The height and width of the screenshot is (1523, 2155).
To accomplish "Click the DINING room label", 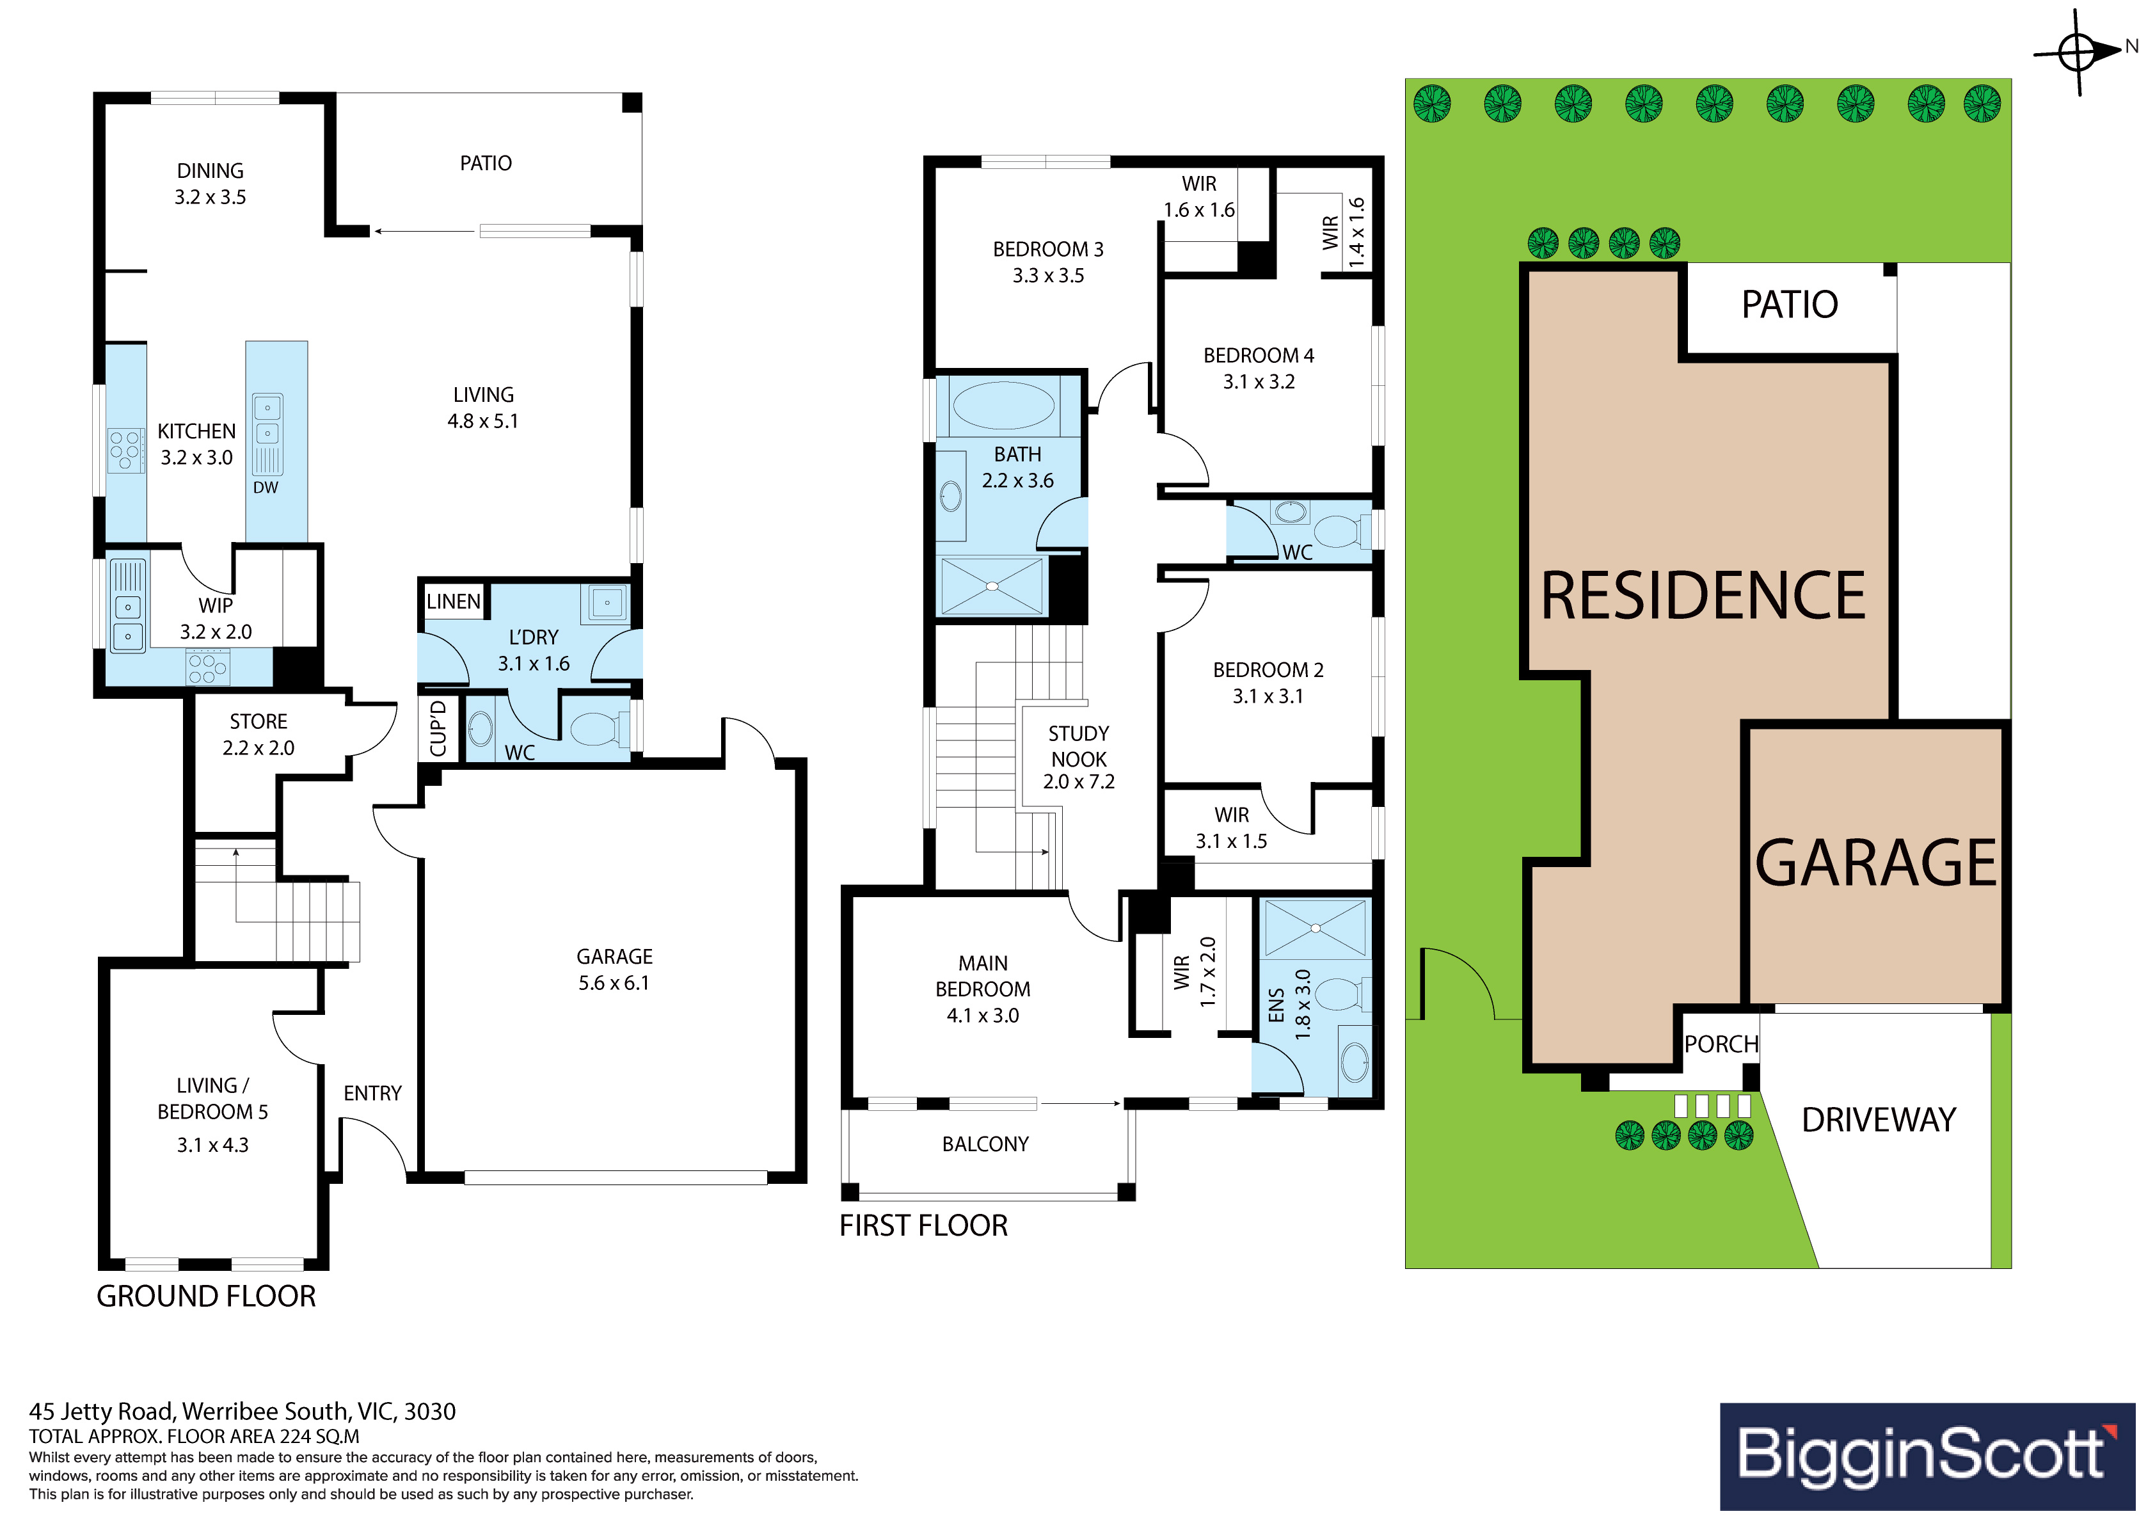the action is (x=211, y=171).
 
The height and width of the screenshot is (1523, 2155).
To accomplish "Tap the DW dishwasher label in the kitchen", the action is (x=266, y=488).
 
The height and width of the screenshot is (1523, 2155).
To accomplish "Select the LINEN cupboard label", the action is (x=454, y=601).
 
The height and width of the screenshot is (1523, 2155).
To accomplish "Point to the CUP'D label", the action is (x=438, y=729).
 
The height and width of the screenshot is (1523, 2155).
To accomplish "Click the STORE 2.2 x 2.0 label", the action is (x=258, y=734).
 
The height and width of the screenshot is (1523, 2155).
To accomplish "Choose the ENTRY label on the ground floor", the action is (x=372, y=1093).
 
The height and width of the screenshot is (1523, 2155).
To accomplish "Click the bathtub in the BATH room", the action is (x=1003, y=406).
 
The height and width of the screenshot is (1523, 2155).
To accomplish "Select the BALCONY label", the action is (x=985, y=1144).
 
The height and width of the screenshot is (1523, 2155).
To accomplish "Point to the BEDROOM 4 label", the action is (x=1259, y=356).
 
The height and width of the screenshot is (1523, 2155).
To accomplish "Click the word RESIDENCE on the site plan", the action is (x=1703, y=595).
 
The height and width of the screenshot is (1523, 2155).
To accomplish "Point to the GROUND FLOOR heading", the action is (x=207, y=1296).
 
